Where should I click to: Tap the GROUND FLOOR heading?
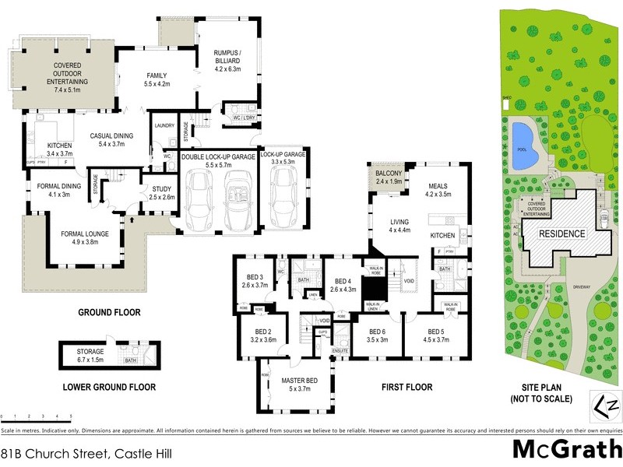(108, 313)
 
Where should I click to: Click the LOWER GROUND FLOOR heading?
(109, 387)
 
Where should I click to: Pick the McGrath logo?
(566, 450)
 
